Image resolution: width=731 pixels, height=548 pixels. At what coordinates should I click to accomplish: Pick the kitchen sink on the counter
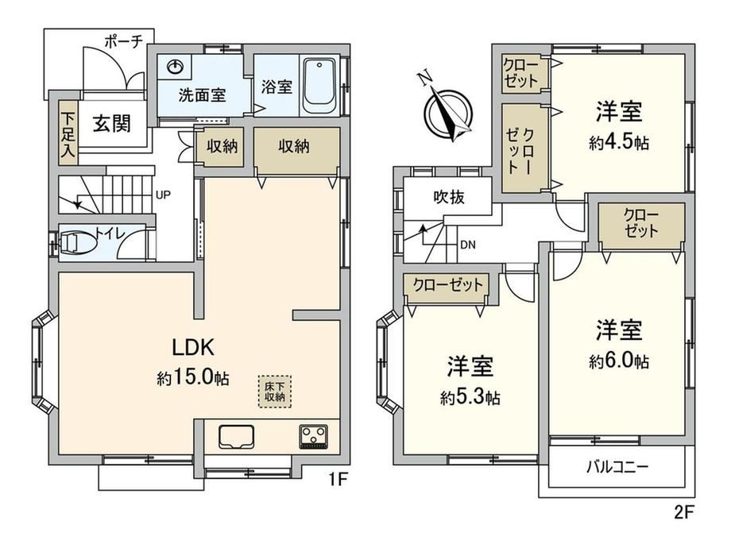(x=236, y=437)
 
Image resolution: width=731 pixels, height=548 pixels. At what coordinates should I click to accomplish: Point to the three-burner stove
(x=314, y=437)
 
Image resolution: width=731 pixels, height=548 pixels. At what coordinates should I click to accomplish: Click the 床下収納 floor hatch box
(x=275, y=392)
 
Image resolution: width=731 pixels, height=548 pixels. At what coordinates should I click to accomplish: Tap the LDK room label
(x=193, y=347)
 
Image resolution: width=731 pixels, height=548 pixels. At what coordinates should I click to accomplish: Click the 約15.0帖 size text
(x=193, y=377)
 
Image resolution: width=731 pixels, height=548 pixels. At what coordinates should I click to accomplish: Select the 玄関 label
(x=112, y=123)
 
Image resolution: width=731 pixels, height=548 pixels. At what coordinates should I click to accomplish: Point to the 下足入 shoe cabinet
(x=68, y=133)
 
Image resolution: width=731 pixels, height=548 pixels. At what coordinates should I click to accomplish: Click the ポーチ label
(x=123, y=41)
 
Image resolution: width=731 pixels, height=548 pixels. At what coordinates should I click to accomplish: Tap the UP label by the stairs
(x=163, y=195)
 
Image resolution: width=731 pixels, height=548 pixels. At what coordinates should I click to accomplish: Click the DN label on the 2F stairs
(x=467, y=245)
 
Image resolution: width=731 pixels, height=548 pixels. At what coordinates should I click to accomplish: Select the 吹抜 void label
(x=449, y=197)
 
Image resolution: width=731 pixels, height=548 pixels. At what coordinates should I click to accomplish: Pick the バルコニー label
(x=617, y=466)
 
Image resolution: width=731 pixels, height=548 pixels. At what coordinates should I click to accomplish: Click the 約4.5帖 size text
(x=619, y=143)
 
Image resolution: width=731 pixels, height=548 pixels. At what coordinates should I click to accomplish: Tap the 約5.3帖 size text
(x=470, y=397)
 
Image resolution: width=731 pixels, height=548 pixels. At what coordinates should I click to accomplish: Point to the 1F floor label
(x=338, y=479)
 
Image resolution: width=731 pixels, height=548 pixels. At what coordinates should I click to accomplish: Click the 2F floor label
(x=685, y=512)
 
